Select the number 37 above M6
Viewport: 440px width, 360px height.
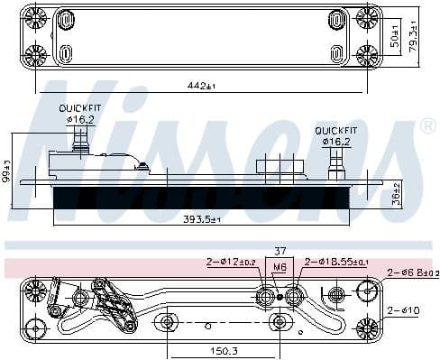click(x=280, y=252)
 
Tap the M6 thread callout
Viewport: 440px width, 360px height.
click(x=280, y=267)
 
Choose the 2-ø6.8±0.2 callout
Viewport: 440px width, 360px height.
click(x=413, y=272)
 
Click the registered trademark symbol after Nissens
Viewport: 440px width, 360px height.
click(x=428, y=127)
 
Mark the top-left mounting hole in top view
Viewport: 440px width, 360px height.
click(x=36, y=17)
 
